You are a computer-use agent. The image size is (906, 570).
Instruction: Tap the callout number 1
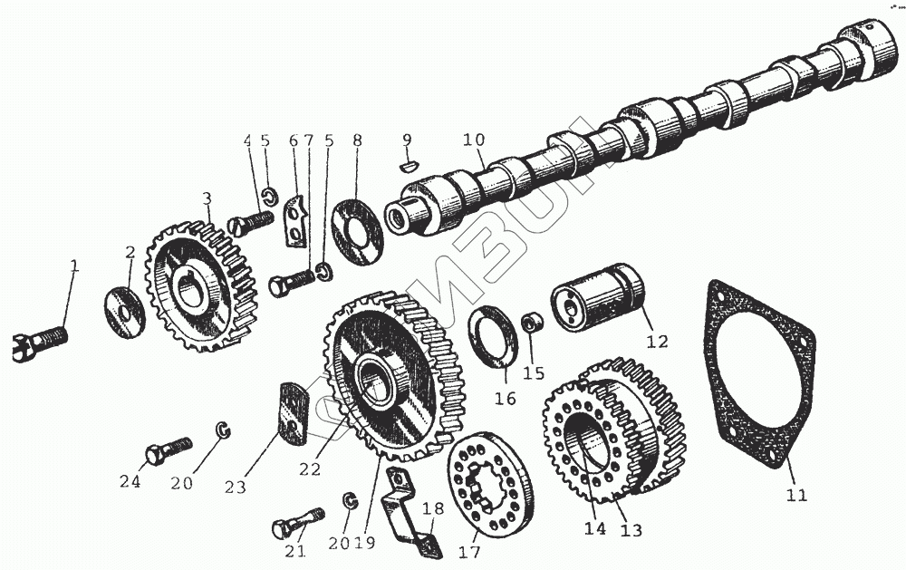pyautogui.click(x=75, y=267)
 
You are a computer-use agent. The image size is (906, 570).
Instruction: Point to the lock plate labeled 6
pyautogui.click(x=296, y=222)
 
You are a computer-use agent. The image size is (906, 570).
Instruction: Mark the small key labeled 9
pyautogui.click(x=408, y=166)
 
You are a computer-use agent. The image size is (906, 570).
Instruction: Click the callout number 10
pyautogui.click(x=473, y=140)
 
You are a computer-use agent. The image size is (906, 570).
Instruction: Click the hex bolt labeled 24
pyautogui.click(x=168, y=449)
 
